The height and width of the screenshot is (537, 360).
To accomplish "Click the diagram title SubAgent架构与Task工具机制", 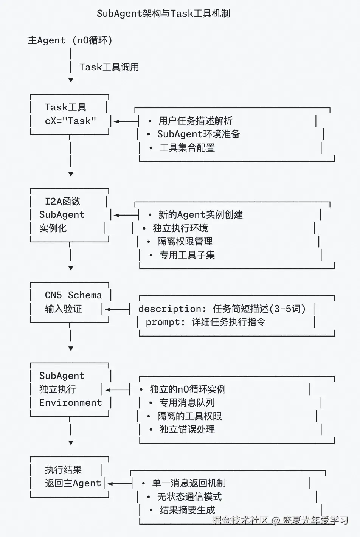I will point(163,14).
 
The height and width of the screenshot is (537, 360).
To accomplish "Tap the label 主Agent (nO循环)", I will point(70,40).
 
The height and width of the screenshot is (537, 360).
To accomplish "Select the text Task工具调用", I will point(109,67).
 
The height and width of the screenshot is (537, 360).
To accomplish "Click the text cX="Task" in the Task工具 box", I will point(70,121).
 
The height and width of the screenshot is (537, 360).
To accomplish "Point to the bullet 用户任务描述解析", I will point(195,121).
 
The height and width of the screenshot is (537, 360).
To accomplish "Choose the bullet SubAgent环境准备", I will point(199,134).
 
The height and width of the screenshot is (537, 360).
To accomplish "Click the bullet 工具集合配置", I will point(187,148).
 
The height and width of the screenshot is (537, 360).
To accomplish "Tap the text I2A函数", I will point(63,201).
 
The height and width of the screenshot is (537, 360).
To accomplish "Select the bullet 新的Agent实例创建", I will point(200,215).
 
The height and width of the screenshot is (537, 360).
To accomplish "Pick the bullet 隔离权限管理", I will point(185,242).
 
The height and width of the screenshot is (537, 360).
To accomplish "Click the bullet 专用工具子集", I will point(187,255).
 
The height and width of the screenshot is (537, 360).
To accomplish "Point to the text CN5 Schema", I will point(73,295).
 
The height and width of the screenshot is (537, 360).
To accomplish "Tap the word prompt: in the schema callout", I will point(165,322).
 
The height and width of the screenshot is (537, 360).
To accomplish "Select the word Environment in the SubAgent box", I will point(71,403).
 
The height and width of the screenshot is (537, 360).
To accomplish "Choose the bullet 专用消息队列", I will point(187,403).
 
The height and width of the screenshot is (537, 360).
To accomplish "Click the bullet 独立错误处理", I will point(187,430).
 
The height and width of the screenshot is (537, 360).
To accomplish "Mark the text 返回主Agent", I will point(73,483).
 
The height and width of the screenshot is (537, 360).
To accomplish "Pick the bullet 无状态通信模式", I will point(189,497).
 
